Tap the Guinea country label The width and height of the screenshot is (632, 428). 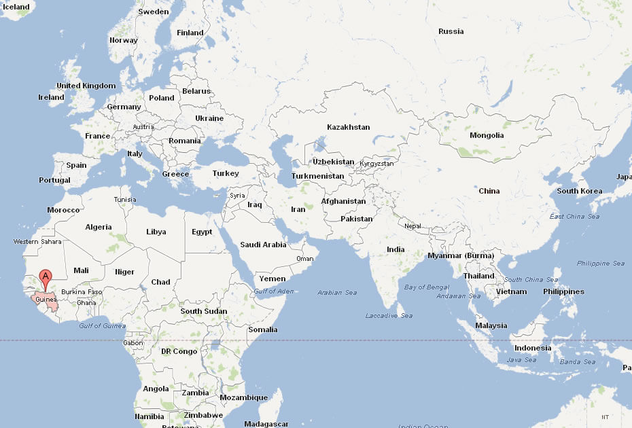click(45, 299)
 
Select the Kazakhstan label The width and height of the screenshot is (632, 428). click(348, 127)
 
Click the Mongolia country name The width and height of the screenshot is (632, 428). click(487, 135)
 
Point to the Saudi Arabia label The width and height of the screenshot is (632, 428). click(264, 245)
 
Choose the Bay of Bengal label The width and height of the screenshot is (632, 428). click(427, 287)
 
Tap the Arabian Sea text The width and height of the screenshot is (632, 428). click(337, 293)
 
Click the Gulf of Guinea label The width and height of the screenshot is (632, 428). click(102, 325)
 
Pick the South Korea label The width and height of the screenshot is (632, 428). click(579, 191)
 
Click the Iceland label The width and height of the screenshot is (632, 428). click(16, 7)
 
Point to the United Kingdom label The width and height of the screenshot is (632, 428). click(86, 86)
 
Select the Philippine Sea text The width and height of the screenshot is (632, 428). click(600, 263)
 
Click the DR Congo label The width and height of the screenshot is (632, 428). click(179, 351)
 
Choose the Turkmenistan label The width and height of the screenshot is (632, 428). click(318, 176)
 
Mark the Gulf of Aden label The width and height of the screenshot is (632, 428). click(274, 291)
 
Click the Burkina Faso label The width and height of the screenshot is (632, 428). click(81, 292)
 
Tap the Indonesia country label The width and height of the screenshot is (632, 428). click(533, 348)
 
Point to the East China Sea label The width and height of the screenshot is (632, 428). click(574, 216)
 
